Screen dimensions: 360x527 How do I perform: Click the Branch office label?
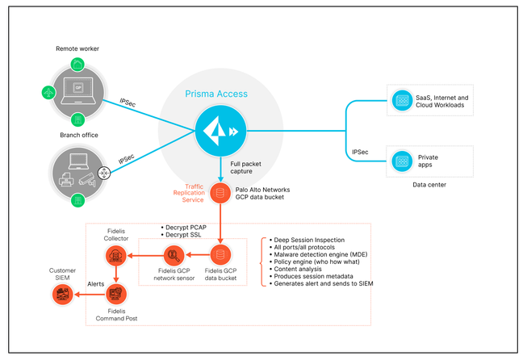78,135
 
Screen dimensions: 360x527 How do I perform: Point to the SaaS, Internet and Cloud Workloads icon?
401,102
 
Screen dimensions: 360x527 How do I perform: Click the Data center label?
429,185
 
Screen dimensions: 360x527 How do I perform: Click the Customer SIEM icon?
62,295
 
